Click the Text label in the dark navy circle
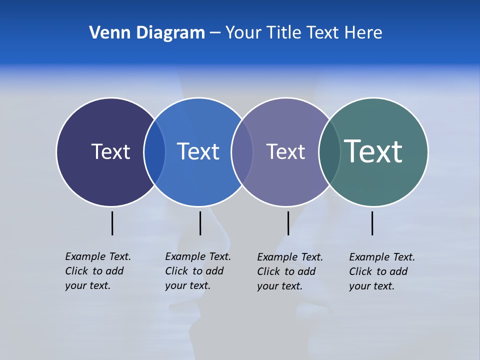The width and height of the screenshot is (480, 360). click(x=110, y=151)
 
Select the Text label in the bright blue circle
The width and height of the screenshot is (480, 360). click(x=198, y=151)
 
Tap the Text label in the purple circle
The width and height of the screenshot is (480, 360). click(x=285, y=151)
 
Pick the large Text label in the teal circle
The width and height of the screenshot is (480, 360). click(x=373, y=151)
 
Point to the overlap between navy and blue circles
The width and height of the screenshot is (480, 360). click(x=154, y=151)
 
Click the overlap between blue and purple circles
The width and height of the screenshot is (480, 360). click(x=242, y=151)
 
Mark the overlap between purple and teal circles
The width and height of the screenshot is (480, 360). click(x=329, y=151)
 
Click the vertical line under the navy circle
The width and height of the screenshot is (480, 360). click(x=112, y=223)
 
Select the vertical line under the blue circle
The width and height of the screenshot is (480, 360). click(x=200, y=223)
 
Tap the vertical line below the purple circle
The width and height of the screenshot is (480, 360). click(x=288, y=223)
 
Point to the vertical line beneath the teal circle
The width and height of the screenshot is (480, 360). click(x=372, y=223)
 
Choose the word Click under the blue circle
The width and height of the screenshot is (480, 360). click(x=176, y=271)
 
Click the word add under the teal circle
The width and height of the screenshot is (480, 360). click(x=398, y=271)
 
